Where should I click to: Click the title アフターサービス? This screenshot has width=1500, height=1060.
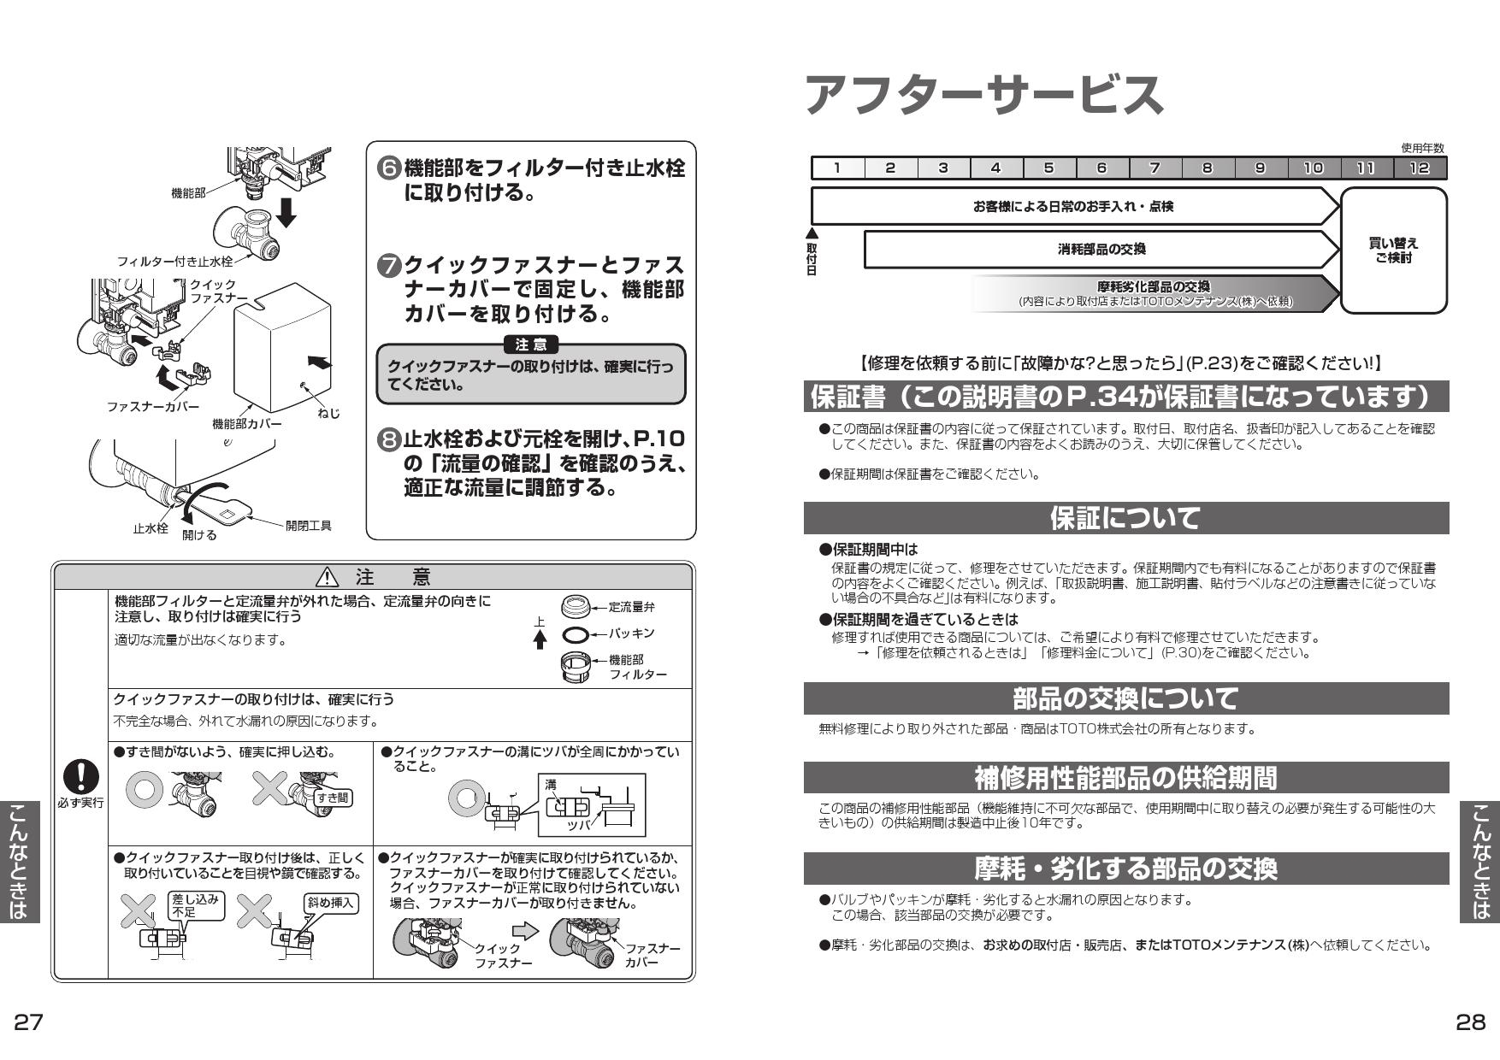click(983, 94)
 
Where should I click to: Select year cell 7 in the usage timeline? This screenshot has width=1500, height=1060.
click(1155, 168)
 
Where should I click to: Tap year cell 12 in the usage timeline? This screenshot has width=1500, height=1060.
click(1420, 168)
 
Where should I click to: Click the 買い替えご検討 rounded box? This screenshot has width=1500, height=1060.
click(1394, 250)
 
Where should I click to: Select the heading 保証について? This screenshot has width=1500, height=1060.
click(1125, 518)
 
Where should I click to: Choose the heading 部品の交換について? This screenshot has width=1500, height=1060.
click(1125, 698)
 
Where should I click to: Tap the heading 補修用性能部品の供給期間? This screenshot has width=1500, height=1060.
click(1125, 778)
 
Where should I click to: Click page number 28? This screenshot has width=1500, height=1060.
click(1471, 1022)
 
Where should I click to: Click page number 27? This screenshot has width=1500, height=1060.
click(28, 1022)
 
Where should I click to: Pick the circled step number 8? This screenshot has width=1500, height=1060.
click(389, 441)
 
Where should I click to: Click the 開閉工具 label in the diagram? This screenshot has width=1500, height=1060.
click(309, 526)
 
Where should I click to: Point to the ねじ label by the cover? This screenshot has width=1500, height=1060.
click(328, 414)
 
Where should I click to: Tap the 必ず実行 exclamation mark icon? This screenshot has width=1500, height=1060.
click(82, 777)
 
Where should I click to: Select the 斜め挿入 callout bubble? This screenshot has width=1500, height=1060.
click(331, 903)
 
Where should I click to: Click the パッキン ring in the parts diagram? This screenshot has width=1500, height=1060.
click(576, 634)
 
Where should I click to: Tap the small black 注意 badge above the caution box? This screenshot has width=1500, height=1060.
click(531, 345)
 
